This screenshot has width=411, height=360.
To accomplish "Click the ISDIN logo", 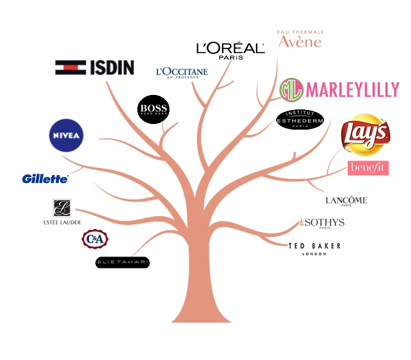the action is click(x=95, y=67).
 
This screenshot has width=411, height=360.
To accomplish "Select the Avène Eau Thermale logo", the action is click(x=300, y=39).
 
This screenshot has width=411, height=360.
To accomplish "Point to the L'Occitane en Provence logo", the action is click(x=181, y=73).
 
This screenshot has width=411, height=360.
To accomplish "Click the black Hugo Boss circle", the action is click(x=153, y=110).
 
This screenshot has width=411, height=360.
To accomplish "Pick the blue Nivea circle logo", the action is click(x=65, y=135).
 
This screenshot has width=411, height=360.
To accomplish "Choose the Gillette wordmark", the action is click(x=45, y=179).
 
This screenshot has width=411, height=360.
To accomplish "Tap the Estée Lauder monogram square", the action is click(x=62, y=208).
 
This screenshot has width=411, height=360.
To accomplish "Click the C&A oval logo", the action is click(x=95, y=239).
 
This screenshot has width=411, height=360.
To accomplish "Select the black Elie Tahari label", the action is click(x=122, y=262).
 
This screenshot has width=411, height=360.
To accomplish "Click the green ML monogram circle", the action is click(x=291, y=90).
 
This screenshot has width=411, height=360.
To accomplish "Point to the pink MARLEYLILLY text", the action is click(x=352, y=90).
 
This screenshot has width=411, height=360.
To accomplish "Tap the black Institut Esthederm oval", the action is click(x=300, y=120).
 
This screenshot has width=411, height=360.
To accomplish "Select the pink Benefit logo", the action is click(x=368, y=168).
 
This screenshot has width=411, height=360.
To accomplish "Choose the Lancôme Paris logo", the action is click(x=346, y=201).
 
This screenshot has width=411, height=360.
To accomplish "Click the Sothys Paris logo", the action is click(x=321, y=223).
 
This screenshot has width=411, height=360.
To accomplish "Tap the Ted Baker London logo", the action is click(x=315, y=248).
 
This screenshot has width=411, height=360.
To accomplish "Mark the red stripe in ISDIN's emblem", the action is click(x=71, y=67).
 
